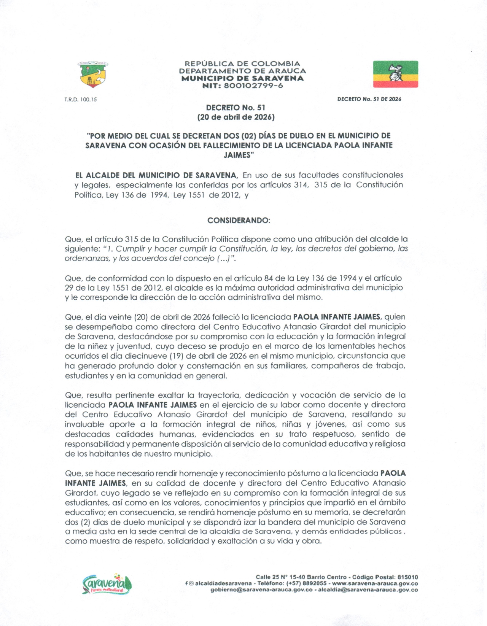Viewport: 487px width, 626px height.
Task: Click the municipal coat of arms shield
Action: coord(93,74)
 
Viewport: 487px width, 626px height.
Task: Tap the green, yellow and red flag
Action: coord(395,74)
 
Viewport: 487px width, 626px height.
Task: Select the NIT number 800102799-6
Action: coord(253,86)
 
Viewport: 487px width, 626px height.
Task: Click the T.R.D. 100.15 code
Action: coord(81,100)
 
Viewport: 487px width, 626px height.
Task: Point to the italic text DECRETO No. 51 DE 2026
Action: coord(369,99)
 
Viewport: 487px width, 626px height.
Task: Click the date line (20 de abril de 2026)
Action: coord(236,117)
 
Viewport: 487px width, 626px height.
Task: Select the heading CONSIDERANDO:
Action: coord(239,221)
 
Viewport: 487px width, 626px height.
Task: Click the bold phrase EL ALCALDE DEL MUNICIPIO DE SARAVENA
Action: coord(156,175)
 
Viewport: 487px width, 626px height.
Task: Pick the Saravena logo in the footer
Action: coord(107,584)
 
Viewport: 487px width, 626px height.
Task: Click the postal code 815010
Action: coord(407,577)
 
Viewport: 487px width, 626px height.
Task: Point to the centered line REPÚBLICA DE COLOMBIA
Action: coord(242,64)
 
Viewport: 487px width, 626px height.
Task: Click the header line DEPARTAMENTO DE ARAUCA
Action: coord(242,71)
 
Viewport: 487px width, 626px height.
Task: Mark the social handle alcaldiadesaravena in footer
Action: coord(223,583)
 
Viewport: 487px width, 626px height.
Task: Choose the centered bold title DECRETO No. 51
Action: coord(236,108)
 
